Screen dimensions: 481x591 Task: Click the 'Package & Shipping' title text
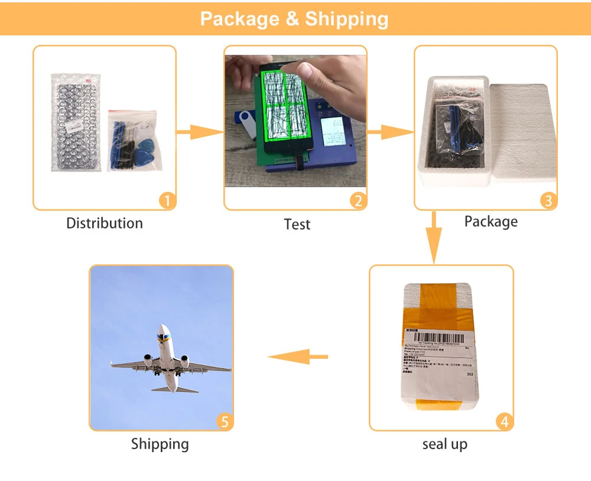click(294, 18)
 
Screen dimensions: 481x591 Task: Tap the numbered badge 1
click(168, 201)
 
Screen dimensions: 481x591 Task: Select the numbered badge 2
click(358, 201)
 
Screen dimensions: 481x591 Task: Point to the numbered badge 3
click(548, 201)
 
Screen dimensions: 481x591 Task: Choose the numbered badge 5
click(224, 422)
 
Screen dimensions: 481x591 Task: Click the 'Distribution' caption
click(105, 223)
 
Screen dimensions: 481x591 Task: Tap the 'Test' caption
click(297, 224)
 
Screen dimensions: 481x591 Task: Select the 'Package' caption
click(491, 221)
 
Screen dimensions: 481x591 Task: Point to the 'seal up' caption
click(444, 444)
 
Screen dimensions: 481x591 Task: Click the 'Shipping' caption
click(160, 444)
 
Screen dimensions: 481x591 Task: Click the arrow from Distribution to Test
click(200, 133)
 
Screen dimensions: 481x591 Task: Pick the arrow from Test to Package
click(390, 133)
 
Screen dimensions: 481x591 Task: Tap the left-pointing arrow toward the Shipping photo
click(298, 356)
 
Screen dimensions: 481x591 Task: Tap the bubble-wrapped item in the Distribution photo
click(76, 122)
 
